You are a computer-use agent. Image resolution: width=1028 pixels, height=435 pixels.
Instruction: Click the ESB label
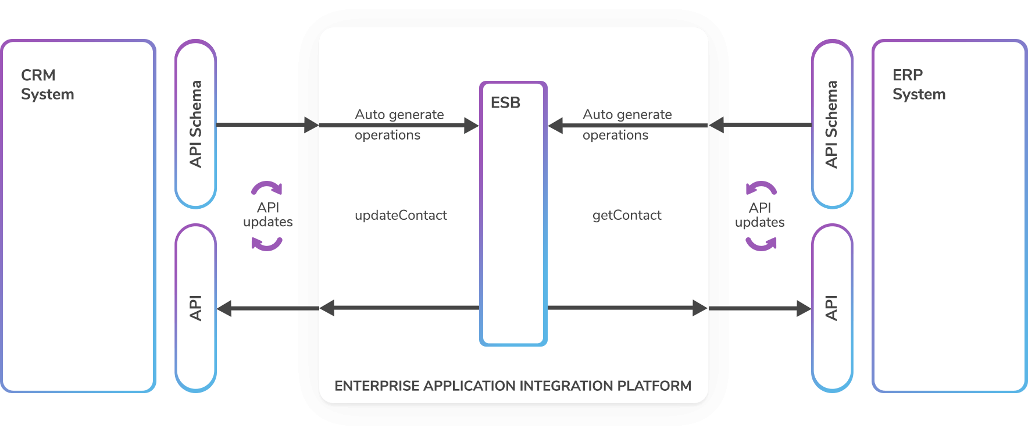[505, 103]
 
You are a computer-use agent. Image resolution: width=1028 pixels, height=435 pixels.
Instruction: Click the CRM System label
[47, 85]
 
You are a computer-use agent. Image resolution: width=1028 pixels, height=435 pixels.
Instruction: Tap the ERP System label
[919, 85]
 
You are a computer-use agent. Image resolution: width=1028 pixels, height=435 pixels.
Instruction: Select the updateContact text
[401, 215]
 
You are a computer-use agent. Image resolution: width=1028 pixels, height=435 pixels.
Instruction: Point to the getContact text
[627, 215]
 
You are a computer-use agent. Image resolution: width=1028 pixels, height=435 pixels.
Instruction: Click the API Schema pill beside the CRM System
[196, 124]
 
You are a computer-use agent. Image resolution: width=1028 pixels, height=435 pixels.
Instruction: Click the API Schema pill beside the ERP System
[832, 124]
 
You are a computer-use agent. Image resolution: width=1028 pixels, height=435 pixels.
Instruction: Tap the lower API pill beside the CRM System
[196, 308]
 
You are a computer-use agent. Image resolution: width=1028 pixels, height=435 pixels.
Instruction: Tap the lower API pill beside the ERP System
[832, 308]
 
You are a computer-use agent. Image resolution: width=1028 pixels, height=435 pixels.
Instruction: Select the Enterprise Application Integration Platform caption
[513, 386]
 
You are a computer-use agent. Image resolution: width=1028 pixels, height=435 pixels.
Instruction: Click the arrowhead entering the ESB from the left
[471, 125]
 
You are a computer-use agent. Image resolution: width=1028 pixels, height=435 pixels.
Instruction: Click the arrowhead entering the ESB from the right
[556, 125]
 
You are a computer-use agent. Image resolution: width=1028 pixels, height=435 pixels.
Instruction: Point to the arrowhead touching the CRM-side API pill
[224, 308]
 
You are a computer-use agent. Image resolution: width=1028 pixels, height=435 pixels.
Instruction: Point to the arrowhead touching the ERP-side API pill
[804, 308]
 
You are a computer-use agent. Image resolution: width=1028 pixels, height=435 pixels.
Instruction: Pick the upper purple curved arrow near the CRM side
[267, 188]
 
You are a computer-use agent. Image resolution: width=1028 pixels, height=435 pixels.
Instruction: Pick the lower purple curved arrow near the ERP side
[761, 244]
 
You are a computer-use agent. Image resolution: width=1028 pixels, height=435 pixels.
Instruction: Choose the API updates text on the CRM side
[267, 215]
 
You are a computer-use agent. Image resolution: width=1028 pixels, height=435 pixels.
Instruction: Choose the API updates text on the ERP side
[759, 215]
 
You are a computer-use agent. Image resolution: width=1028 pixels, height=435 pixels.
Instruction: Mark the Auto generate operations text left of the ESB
[399, 124]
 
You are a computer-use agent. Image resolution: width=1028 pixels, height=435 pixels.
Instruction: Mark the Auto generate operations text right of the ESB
[627, 124]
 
